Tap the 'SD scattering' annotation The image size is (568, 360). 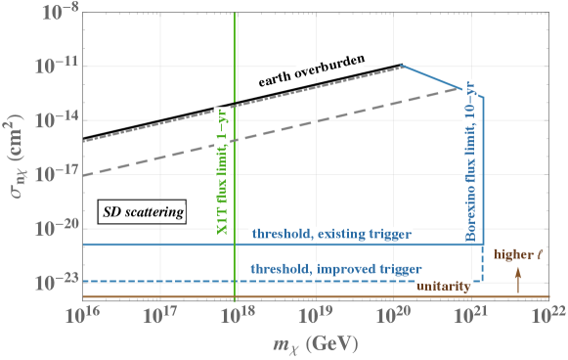pyautogui.click(x=144, y=211)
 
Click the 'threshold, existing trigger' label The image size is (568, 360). pyautogui.click(x=331, y=235)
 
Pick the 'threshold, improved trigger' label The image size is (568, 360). pyautogui.click(x=335, y=268)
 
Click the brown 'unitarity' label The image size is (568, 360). pyautogui.click(x=444, y=286)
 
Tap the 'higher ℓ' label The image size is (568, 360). pyautogui.click(x=517, y=254)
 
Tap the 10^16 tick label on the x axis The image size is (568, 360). pyautogui.click(x=84, y=315)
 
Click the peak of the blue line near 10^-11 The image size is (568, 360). pyautogui.click(x=404, y=66)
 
